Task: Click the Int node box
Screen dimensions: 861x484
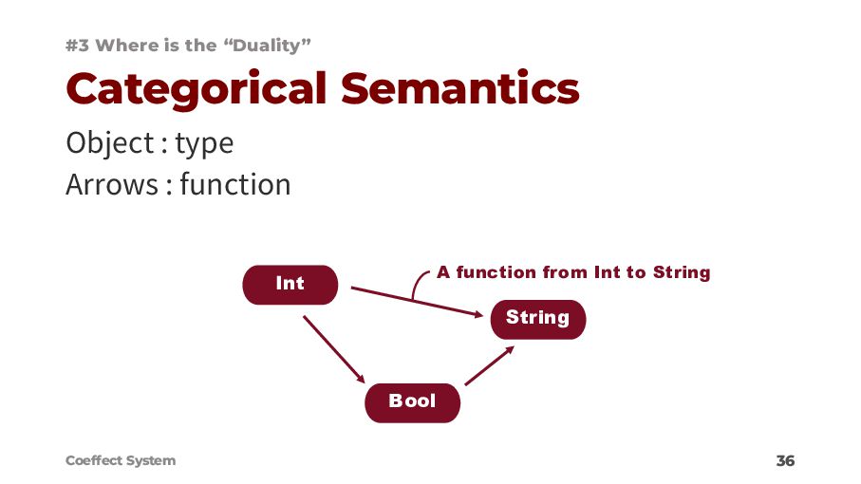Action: pos(290,284)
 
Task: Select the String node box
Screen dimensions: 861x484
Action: pos(537,318)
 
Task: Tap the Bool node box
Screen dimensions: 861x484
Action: pos(412,401)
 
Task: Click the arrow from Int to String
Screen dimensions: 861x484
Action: pos(418,301)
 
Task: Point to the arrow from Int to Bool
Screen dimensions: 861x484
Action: pos(335,349)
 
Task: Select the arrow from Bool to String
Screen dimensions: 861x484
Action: pos(490,365)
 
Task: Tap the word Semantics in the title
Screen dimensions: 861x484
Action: pos(459,88)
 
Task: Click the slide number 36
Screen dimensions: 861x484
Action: pos(785,461)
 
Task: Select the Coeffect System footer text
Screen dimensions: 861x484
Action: pos(121,460)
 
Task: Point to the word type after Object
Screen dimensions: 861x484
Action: pos(203,144)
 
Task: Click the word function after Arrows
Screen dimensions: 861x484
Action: pos(234,184)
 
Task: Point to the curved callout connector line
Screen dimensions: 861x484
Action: pos(419,282)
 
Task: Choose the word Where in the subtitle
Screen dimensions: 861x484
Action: pos(127,45)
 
